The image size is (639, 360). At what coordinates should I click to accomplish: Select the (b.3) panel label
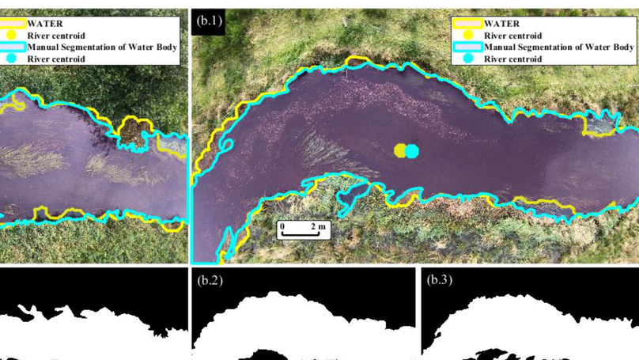(x=440, y=279)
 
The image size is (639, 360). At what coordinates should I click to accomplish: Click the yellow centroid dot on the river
(x=401, y=150)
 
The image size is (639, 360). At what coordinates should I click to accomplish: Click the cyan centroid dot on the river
(x=412, y=150)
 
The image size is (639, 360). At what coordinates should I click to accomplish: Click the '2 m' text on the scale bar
(x=318, y=226)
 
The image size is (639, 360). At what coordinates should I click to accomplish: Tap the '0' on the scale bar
(x=282, y=226)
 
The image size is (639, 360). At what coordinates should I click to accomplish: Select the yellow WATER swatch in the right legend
(x=467, y=24)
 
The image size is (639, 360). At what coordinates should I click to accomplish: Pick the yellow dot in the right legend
(x=467, y=36)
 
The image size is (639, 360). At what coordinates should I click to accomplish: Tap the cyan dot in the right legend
(x=467, y=59)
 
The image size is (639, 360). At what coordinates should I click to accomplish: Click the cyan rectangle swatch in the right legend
(x=467, y=47)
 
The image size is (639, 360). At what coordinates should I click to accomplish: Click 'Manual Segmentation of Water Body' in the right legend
(x=559, y=47)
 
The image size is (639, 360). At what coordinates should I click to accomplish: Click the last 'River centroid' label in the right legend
(x=512, y=59)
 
